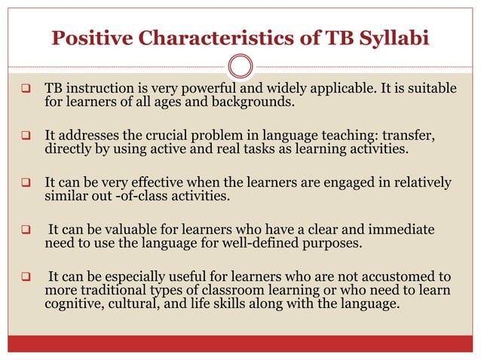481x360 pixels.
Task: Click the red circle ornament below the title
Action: click(240, 67)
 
